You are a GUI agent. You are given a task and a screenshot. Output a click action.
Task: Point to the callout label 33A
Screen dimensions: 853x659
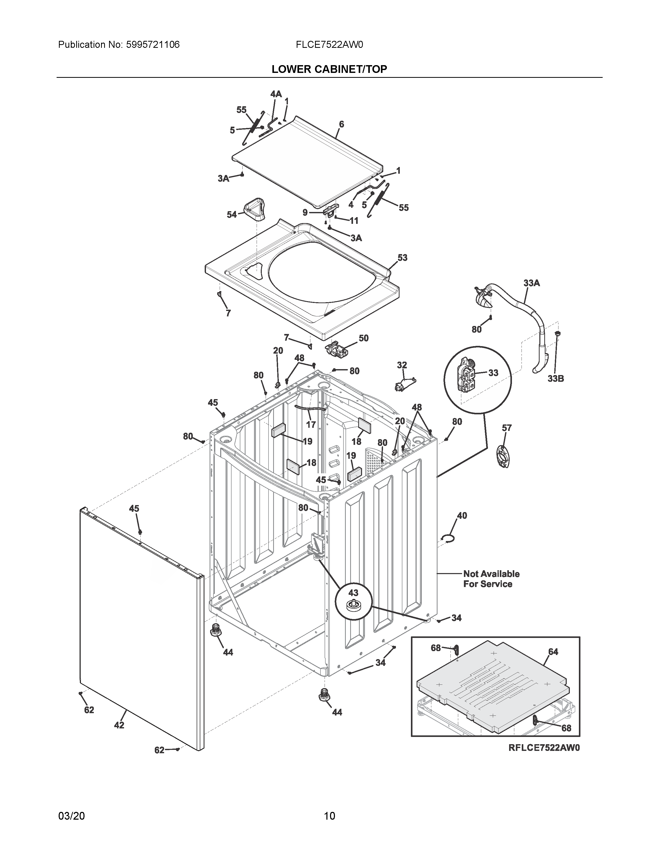pyautogui.click(x=531, y=283)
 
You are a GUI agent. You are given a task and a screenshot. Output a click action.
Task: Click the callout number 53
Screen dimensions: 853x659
pyautogui.click(x=402, y=258)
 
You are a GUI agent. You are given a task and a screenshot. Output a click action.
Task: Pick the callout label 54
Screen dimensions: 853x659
pyautogui.click(x=232, y=215)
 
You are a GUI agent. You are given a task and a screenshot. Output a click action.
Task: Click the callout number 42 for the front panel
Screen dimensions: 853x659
pyautogui.click(x=119, y=725)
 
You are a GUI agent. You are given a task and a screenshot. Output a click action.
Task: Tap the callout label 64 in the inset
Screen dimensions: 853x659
pyautogui.click(x=553, y=652)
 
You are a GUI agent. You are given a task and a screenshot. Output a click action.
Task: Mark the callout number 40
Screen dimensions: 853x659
pyautogui.click(x=462, y=516)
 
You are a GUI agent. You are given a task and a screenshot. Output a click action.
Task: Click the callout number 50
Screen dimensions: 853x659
pyautogui.click(x=363, y=338)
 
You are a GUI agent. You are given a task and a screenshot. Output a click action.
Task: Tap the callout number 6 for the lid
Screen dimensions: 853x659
pyautogui.click(x=341, y=125)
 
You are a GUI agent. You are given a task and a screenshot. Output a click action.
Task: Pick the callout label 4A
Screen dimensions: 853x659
pyautogui.click(x=276, y=94)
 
